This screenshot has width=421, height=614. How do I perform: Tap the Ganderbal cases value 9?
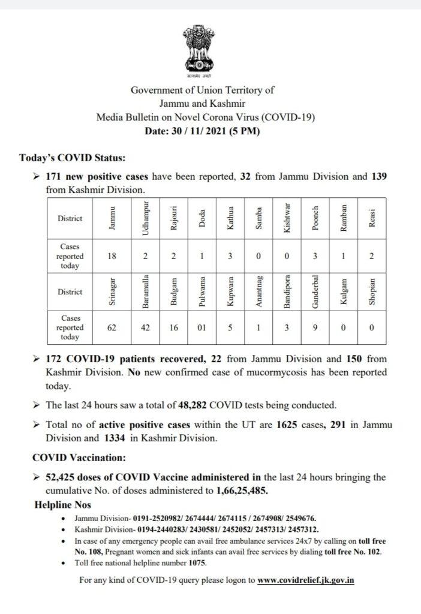pyautogui.click(x=314, y=328)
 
